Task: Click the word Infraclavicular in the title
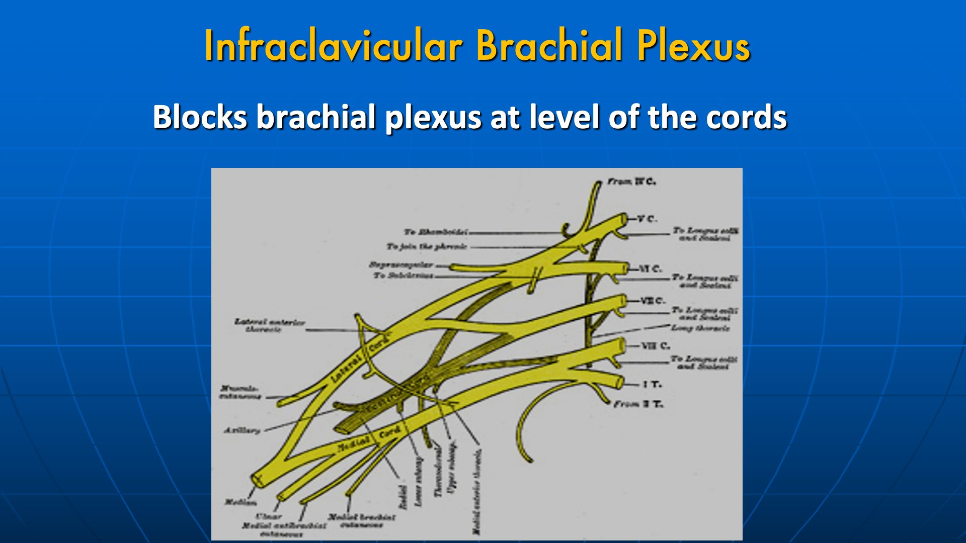point(333,46)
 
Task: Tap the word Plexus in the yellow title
point(693,46)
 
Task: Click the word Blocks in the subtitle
point(200,117)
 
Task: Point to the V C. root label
point(647,219)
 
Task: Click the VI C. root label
point(651,269)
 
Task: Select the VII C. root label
point(653,301)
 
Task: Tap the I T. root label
point(653,385)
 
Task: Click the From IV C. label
point(631,182)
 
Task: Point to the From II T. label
point(638,404)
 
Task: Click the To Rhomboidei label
point(435,232)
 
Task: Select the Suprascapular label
point(401,264)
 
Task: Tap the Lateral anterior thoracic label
point(270,325)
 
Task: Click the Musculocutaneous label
point(240,392)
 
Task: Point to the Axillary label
point(242,430)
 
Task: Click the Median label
point(240,502)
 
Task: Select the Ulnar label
point(269,516)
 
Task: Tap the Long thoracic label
point(700,328)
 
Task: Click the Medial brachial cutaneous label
point(362,521)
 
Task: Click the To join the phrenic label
point(427,246)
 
